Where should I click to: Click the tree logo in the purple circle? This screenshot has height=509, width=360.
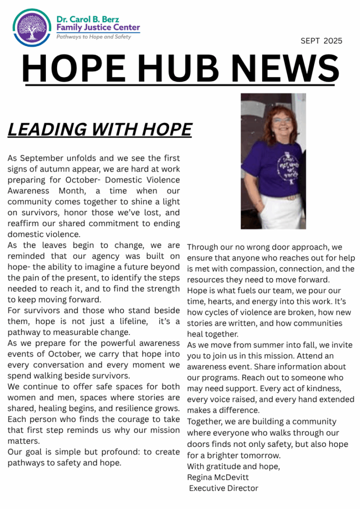click(x=31, y=27)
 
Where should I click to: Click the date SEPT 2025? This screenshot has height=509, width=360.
click(x=321, y=41)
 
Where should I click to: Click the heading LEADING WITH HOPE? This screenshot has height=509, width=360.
click(x=99, y=130)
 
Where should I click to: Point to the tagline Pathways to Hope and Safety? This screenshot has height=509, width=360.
click(x=93, y=37)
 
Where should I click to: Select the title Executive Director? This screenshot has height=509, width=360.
click(x=224, y=488)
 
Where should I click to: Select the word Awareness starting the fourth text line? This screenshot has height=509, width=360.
click(x=28, y=191)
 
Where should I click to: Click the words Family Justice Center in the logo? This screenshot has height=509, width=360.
click(x=98, y=28)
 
